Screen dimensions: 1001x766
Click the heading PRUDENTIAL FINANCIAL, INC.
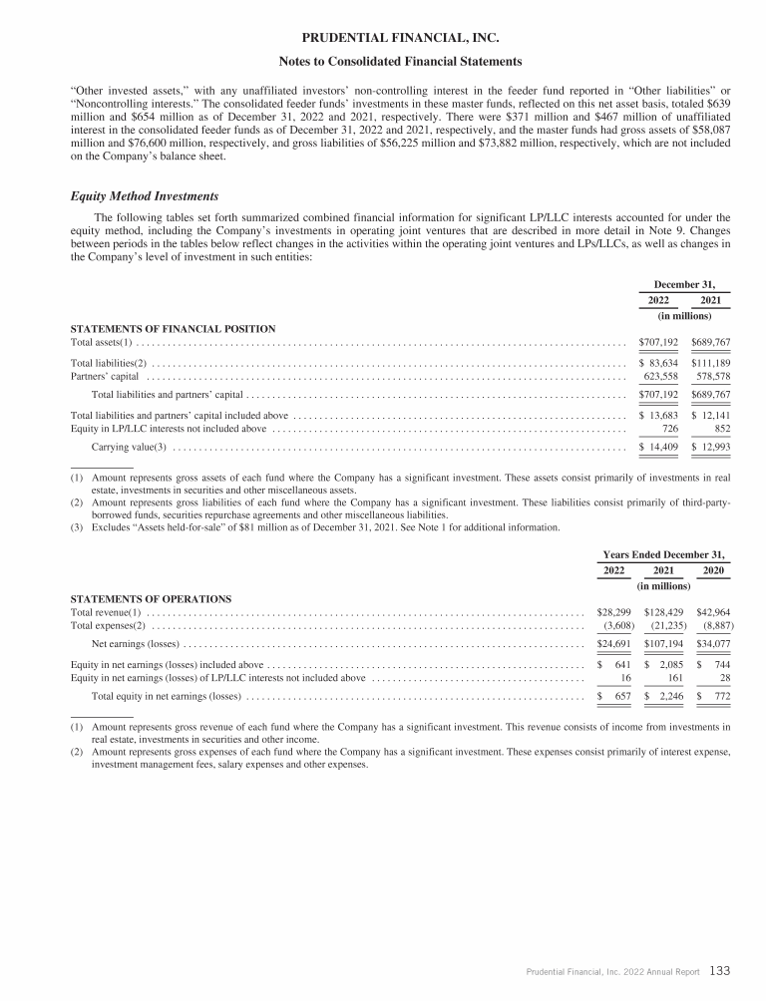(x=382, y=39)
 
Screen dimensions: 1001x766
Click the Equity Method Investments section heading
(x=140, y=195)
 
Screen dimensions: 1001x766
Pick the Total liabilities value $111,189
(x=710, y=363)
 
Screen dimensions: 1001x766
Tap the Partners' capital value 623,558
(x=660, y=377)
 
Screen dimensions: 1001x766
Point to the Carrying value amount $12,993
(x=710, y=447)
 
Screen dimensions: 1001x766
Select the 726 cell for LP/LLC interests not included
(x=669, y=429)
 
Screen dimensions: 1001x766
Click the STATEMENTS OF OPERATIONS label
(x=151, y=598)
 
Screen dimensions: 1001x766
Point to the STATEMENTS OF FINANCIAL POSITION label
(x=173, y=328)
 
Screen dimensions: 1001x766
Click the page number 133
(x=722, y=971)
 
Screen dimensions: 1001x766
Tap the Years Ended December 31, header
(x=664, y=553)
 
